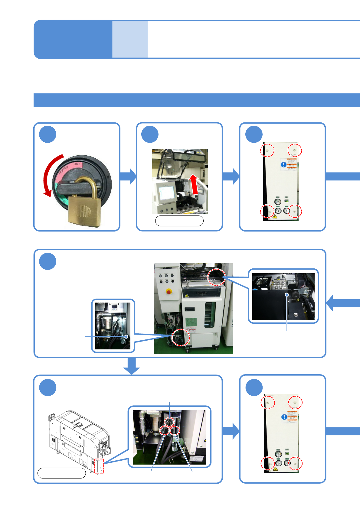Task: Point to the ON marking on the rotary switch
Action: (x=77, y=164)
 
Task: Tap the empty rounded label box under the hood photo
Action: (x=179, y=221)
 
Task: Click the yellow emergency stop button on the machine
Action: (x=169, y=291)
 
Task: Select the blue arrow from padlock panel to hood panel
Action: (x=128, y=176)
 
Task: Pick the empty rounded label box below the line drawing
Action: (x=62, y=473)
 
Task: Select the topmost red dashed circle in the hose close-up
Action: (x=169, y=422)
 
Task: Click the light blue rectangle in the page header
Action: (x=130, y=39)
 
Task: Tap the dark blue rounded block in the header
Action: (x=73, y=39)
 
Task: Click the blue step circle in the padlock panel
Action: (x=48, y=135)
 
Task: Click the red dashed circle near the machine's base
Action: (x=181, y=337)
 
